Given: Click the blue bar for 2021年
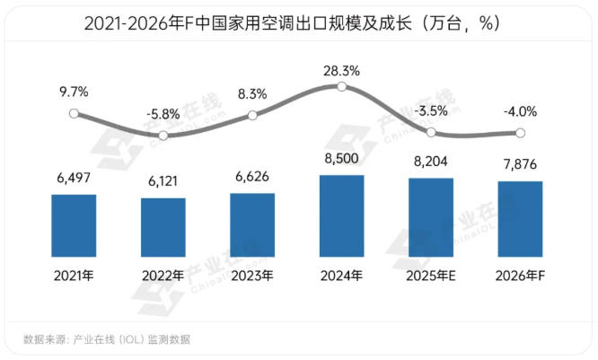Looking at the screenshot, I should (74, 225).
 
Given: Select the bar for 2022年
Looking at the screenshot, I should (163, 227).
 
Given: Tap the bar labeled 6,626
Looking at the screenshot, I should (252, 225).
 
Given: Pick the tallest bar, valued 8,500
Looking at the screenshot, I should (341, 215).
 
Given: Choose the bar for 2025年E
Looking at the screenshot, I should (431, 217).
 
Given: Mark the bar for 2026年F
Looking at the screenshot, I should (520, 219).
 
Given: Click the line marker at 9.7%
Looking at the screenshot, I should (74, 114).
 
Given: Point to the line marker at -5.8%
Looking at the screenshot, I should (163, 136).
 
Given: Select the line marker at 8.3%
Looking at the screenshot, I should (252, 115).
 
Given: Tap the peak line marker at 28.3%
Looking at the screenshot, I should (341, 86).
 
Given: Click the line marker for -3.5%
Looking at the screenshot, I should (431, 132).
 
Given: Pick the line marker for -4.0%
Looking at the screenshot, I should (520, 133).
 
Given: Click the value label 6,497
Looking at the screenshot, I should (74, 180).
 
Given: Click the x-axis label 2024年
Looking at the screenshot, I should (341, 276).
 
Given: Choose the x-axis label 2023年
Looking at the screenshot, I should (252, 276).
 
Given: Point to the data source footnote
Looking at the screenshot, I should (106, 339).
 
